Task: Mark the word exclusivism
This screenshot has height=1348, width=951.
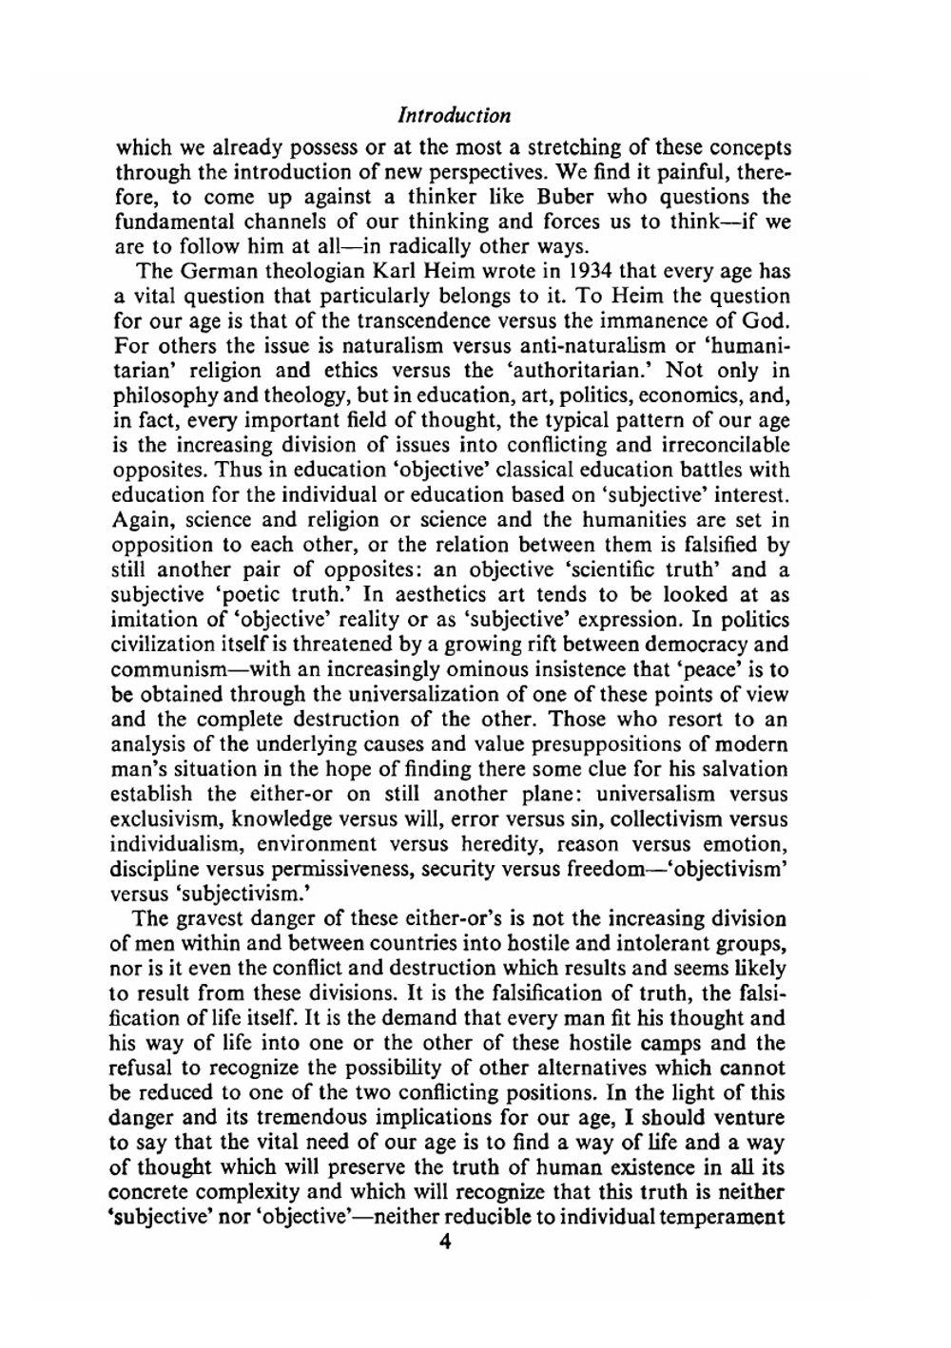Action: coord(168,818)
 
